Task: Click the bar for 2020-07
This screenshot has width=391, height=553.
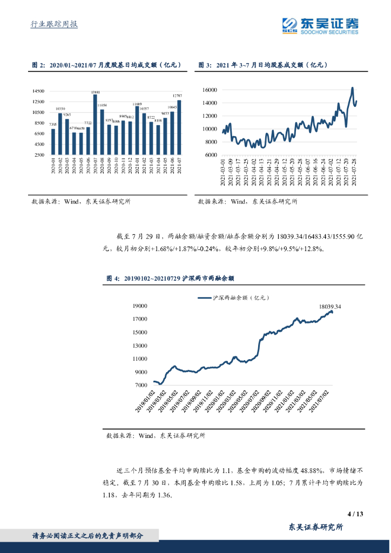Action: [95, 125]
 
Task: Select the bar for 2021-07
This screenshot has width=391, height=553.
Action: [179, 127]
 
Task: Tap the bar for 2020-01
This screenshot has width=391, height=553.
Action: [53, 141]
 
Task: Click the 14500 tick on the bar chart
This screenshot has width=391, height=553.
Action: [38, 91]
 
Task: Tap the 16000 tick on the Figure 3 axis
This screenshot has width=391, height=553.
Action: [210, 90]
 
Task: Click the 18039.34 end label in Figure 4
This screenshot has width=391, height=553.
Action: [334, 306]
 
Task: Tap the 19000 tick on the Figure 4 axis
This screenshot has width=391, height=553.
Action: [140, 306]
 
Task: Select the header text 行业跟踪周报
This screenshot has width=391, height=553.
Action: [53, 24]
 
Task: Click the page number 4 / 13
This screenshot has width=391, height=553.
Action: [354, 514]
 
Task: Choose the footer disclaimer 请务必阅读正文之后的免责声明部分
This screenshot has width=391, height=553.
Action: [88, 536]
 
